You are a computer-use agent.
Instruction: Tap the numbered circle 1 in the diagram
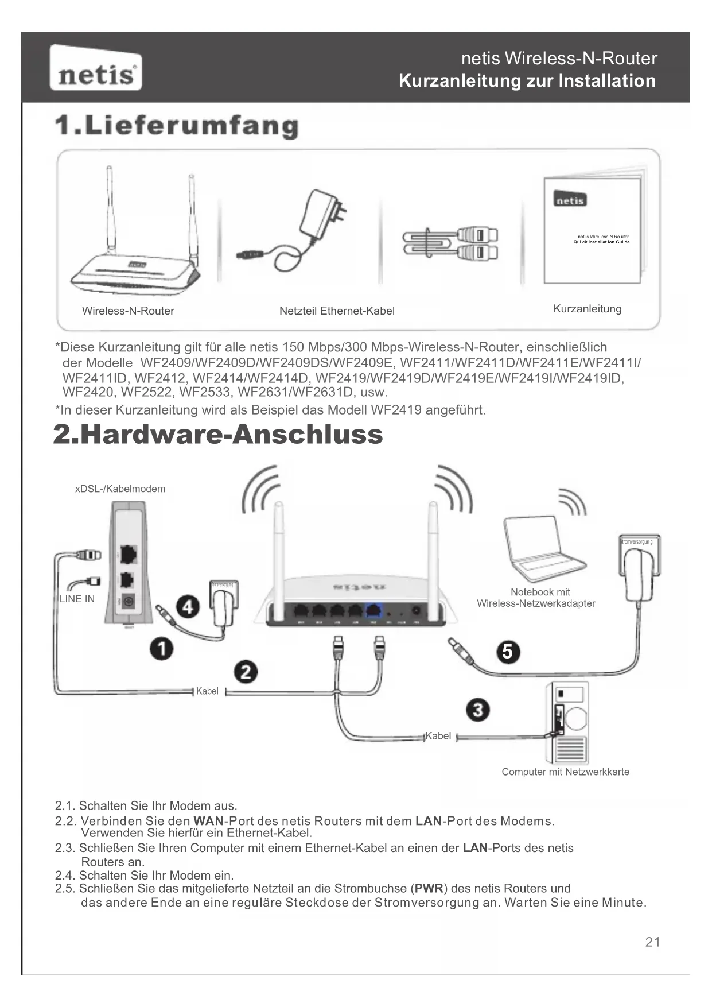click(162, 649)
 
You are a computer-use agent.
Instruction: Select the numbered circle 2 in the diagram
click(246, 672)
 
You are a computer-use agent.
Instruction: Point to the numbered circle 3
click(478, 710)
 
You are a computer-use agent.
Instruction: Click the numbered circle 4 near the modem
click(188, 607)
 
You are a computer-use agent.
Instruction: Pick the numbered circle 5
click(508, 652)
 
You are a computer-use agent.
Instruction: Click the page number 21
click(652, 942)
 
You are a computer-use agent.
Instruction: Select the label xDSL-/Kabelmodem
click(120, 489)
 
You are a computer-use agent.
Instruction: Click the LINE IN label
click(77, 599)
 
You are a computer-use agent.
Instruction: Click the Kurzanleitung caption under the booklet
click(587, 309)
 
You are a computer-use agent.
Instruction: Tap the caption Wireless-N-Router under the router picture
click(128, 311)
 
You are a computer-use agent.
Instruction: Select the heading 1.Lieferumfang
click(177, 126)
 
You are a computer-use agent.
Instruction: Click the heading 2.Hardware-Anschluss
click(218, 435)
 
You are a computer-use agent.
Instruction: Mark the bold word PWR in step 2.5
click(429, 889)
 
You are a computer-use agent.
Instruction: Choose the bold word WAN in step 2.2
click(208, 821)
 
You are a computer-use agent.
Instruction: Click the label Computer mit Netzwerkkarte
click(565, 772)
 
